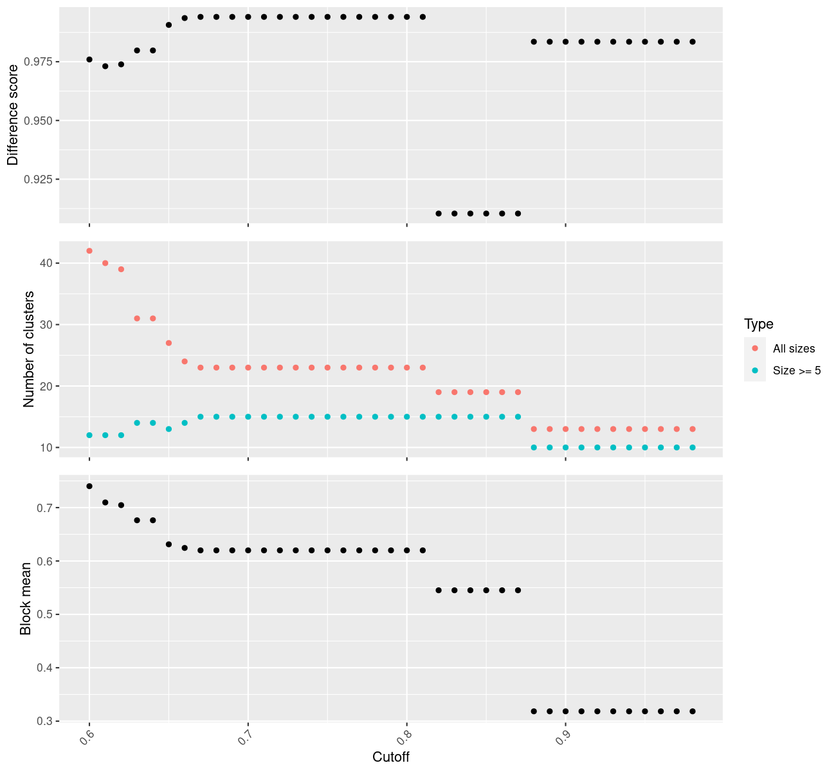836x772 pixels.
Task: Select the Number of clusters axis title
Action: click(28, 349)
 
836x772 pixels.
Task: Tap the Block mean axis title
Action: click(26, 598)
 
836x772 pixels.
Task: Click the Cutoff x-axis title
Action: click(391, 757)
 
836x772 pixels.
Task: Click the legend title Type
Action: click(758, 324)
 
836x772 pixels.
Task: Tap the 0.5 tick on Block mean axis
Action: click(46, 614)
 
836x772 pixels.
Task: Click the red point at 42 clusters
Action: click(89, 251)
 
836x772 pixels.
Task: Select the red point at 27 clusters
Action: click(168, 343)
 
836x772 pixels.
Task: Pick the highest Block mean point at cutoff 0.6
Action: click(89, 486)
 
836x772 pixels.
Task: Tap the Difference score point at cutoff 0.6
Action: click(89, 59)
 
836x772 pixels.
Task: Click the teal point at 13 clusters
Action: click(168, 429)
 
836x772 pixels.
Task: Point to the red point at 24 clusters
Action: click(185, 362)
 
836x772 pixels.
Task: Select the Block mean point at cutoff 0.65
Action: click(168, 544)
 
